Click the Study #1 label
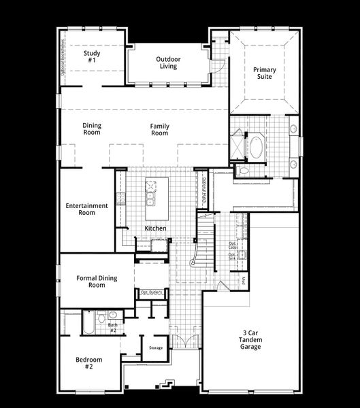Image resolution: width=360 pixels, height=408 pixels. click(x=91, y=56)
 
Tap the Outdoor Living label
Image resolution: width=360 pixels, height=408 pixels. click(x=166, y=63)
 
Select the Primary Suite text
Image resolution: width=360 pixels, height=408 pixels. click(x=263, y=73)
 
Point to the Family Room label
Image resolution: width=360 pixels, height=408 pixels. click(x=160, y=129)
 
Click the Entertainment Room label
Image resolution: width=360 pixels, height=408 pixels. click(x=86, y=209)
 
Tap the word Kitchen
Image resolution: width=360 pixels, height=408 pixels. click(x=155, y=228)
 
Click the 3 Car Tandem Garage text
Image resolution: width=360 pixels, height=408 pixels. click(x=250, y=341)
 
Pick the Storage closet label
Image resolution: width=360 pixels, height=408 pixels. click(x=156, y=348)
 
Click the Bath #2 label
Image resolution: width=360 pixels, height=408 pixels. click(x=113, y=327)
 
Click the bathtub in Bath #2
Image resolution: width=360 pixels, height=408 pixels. click(x=89, y=322)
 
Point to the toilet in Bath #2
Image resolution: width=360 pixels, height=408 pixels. click(x=101, y=316)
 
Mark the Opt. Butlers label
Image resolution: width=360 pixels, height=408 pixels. click(x=150, y=292)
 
